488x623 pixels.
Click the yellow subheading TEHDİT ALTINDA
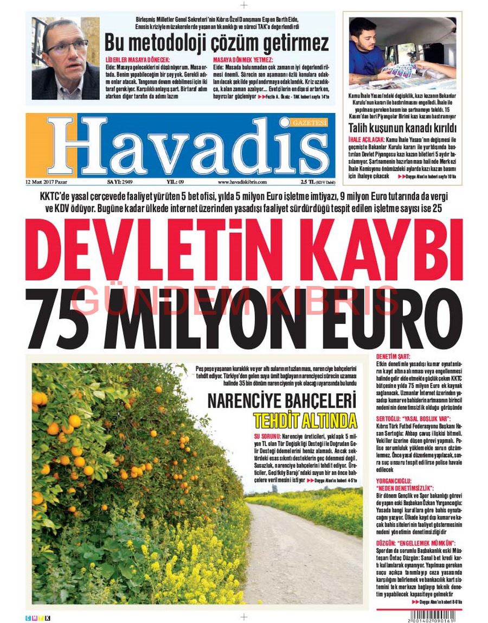click(x=305, y=421)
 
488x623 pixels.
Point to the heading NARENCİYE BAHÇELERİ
click(x=282, y=402)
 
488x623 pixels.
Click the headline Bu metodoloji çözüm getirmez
click(x=216, y=42)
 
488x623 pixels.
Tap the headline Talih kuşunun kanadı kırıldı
click(x=402, y=129)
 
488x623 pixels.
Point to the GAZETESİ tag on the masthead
click(x=310, y=123)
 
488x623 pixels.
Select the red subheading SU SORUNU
click(x=267, y=436)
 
